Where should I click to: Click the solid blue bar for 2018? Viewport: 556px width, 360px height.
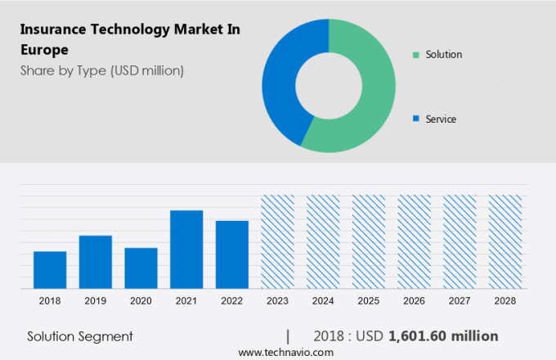(x=50, y=269)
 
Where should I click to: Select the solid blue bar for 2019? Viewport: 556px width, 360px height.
(x=96, y=262)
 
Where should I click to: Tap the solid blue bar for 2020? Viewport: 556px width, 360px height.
(x=141, y=268)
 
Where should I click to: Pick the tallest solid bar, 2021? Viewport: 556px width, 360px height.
(x=186, y=250)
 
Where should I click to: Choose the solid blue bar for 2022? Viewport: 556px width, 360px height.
(x=232, y=254)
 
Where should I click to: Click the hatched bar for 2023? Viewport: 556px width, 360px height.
(x=277, y=241)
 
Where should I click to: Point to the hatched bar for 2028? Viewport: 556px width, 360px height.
(x=504, y=241)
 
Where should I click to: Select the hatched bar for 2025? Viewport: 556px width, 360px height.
(x=368, y=241)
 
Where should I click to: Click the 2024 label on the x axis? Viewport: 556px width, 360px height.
(x=323, y=301)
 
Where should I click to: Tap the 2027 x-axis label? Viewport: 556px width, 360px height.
(x=460, y=301)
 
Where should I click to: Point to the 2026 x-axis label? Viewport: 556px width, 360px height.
(x=414, y=301)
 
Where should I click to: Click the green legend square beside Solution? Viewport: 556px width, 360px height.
(x=416, y=55)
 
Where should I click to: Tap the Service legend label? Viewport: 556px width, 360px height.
(x=440, y=119)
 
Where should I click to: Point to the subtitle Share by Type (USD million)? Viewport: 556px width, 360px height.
(x=102, y=70)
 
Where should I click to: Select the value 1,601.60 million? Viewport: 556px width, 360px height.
(x=443, y=336)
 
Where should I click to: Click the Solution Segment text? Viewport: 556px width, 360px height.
(x=80, y=336)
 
